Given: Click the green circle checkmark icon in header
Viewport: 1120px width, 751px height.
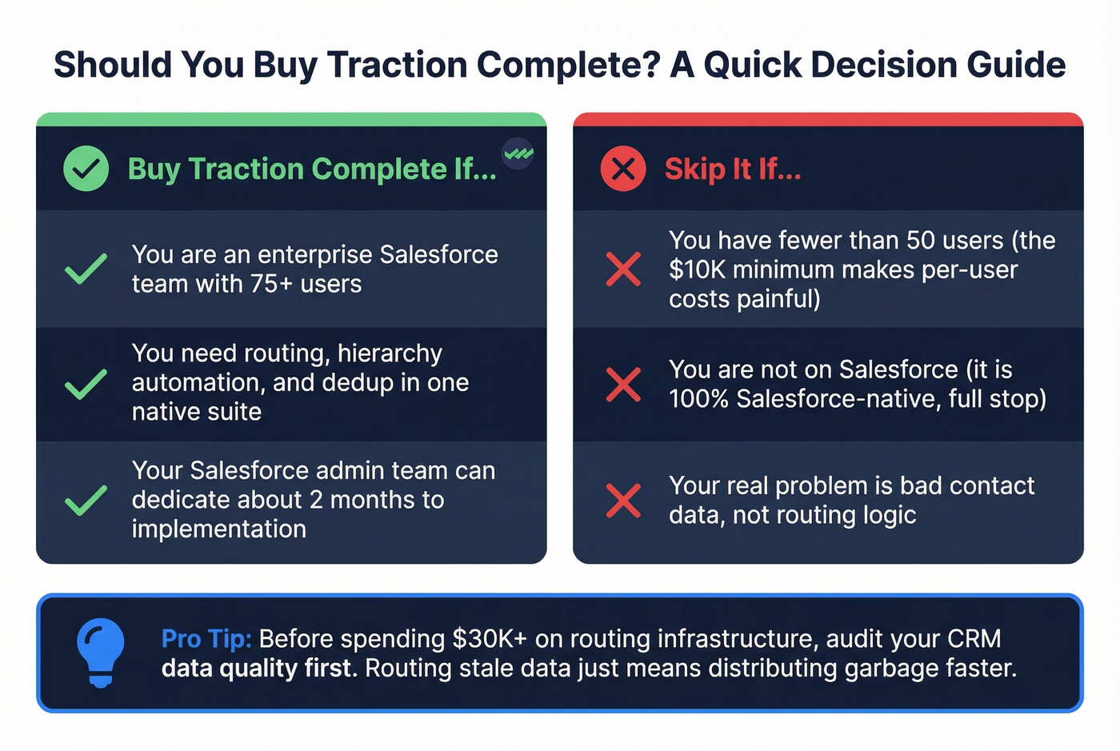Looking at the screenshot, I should pyautogui.click(x=86, y=169).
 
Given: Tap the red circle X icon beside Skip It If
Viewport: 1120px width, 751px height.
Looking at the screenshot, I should pyautogui.click(x=623, y=169).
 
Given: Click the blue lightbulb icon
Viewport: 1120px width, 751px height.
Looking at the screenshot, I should pyautogui.click(x=101, y=653).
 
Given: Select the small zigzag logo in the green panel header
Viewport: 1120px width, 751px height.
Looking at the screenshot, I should pyautogui.click(x=518, y=153).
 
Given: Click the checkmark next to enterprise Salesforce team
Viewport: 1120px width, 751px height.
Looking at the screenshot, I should pyautogui.click(x=86, y=269).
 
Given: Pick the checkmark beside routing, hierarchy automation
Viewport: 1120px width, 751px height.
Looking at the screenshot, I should pyautogui.click(x=86, y=384).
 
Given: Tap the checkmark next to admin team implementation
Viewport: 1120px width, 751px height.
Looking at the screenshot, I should pyautogui.click(x=86, y=500).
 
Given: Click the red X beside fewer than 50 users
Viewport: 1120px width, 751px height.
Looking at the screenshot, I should pyautogui.click(x=623, y=269).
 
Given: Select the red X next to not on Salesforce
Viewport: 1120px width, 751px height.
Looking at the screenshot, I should pyautogui.click(x=623, y=384).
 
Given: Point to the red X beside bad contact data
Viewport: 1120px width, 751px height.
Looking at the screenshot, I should pyautogui.click(x=623, y=500).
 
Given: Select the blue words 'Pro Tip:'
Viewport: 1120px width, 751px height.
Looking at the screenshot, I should pyautogui.click(x=206, y=638).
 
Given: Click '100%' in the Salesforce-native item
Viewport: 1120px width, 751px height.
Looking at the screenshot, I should pyautogui.click(x=698, y=398).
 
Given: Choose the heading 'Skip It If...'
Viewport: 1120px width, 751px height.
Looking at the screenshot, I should pyautogui.click(x=732, y=169).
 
